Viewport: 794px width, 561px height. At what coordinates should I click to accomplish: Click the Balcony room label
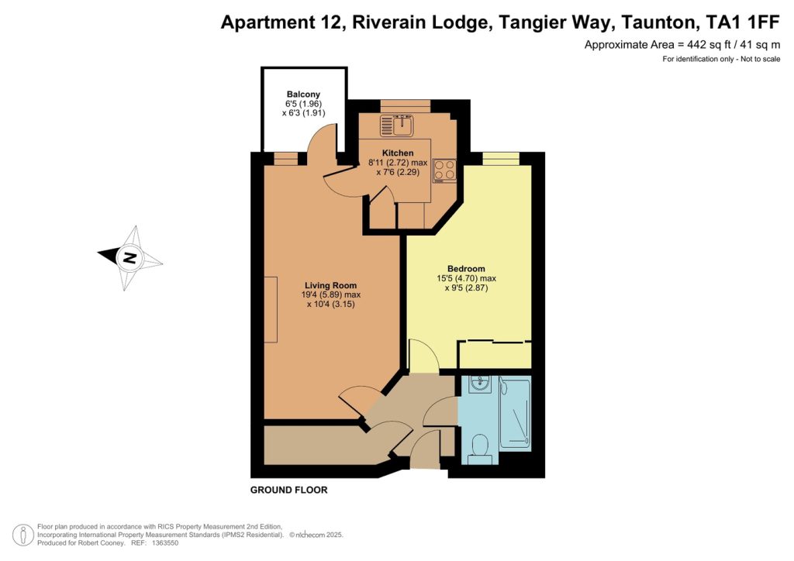[303, 94]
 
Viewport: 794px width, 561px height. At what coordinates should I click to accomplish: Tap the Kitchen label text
[398, 153]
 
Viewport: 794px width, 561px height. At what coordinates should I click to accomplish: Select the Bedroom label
[466, 269]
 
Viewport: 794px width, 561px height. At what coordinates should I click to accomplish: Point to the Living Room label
[330, 285]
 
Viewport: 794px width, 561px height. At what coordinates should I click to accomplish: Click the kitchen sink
[398, 125]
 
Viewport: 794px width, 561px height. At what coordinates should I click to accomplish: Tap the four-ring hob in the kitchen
[444, 171]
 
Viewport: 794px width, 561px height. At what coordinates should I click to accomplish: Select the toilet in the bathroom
[479, 450]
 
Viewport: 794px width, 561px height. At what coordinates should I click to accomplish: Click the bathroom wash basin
[478, 384]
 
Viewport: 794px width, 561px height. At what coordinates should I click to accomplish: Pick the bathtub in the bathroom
[515, 412]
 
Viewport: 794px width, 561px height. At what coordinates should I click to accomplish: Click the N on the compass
[130, 258]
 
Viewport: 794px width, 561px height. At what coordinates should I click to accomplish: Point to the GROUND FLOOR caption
[288, 490]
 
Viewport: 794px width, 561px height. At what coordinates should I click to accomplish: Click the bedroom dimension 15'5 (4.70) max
[466, 278]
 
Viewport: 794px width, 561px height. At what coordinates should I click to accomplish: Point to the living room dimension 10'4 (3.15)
[330, 304]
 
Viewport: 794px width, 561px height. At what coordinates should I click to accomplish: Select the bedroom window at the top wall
[501, 158]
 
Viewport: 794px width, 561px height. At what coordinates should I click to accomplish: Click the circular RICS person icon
[23, 535]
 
